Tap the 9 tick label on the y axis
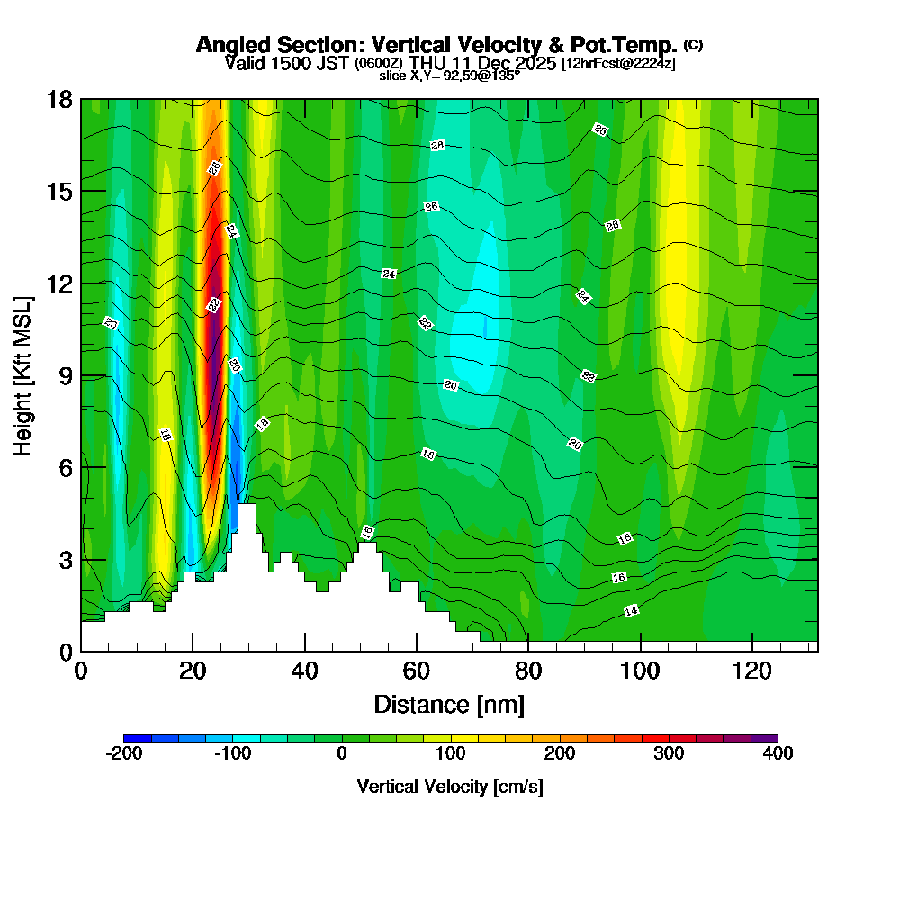[x=63, y=375]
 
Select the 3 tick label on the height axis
[x=63, y=559]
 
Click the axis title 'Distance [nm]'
[x=448, y=704]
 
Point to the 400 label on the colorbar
[x=778, y=753]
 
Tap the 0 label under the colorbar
[x=342, y=753]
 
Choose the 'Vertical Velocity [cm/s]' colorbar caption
[x=450, y=787]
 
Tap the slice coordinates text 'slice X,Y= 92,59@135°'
[x=449, y=76]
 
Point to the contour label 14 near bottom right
[x=631, y=611]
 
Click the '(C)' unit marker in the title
[x=693, y=44]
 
